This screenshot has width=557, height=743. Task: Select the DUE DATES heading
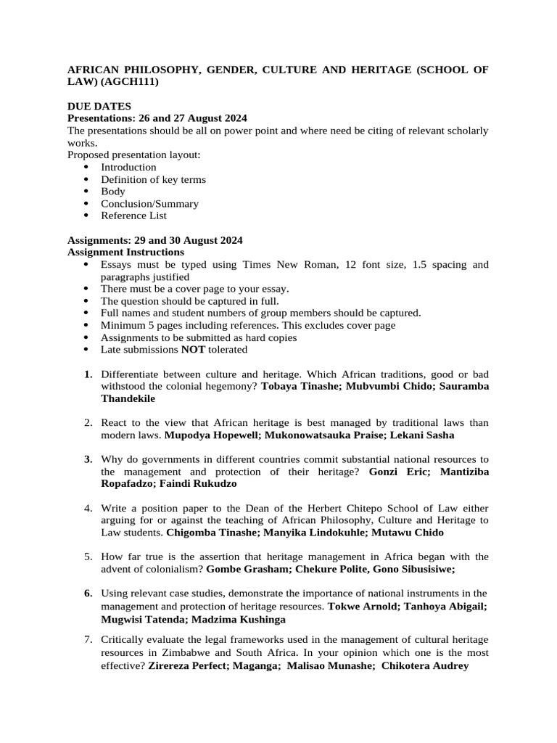(x=99, y=106)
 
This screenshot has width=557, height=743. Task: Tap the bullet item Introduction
(x=128, y=167)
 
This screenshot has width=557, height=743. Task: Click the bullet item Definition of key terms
(x=153, y=179)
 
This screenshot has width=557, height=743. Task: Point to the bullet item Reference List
(x=133, y=215)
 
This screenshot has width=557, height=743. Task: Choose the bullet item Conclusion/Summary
(x=149, y=204)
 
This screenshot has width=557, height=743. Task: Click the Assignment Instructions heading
(x=125, y=252)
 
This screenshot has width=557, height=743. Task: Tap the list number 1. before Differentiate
(x=88, y=374)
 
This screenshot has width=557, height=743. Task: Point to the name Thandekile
(x=128, y=398)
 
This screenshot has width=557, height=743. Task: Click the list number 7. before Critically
(x=88, y=639)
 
